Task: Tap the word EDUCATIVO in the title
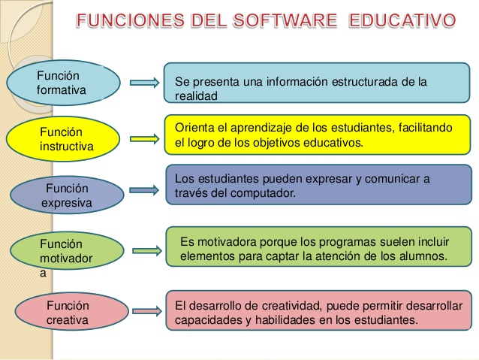402,20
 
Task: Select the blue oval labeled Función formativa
63,83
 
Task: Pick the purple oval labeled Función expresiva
67,195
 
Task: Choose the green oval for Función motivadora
67,251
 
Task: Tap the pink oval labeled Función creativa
67,313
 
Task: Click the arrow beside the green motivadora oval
148,249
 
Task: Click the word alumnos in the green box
424,256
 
